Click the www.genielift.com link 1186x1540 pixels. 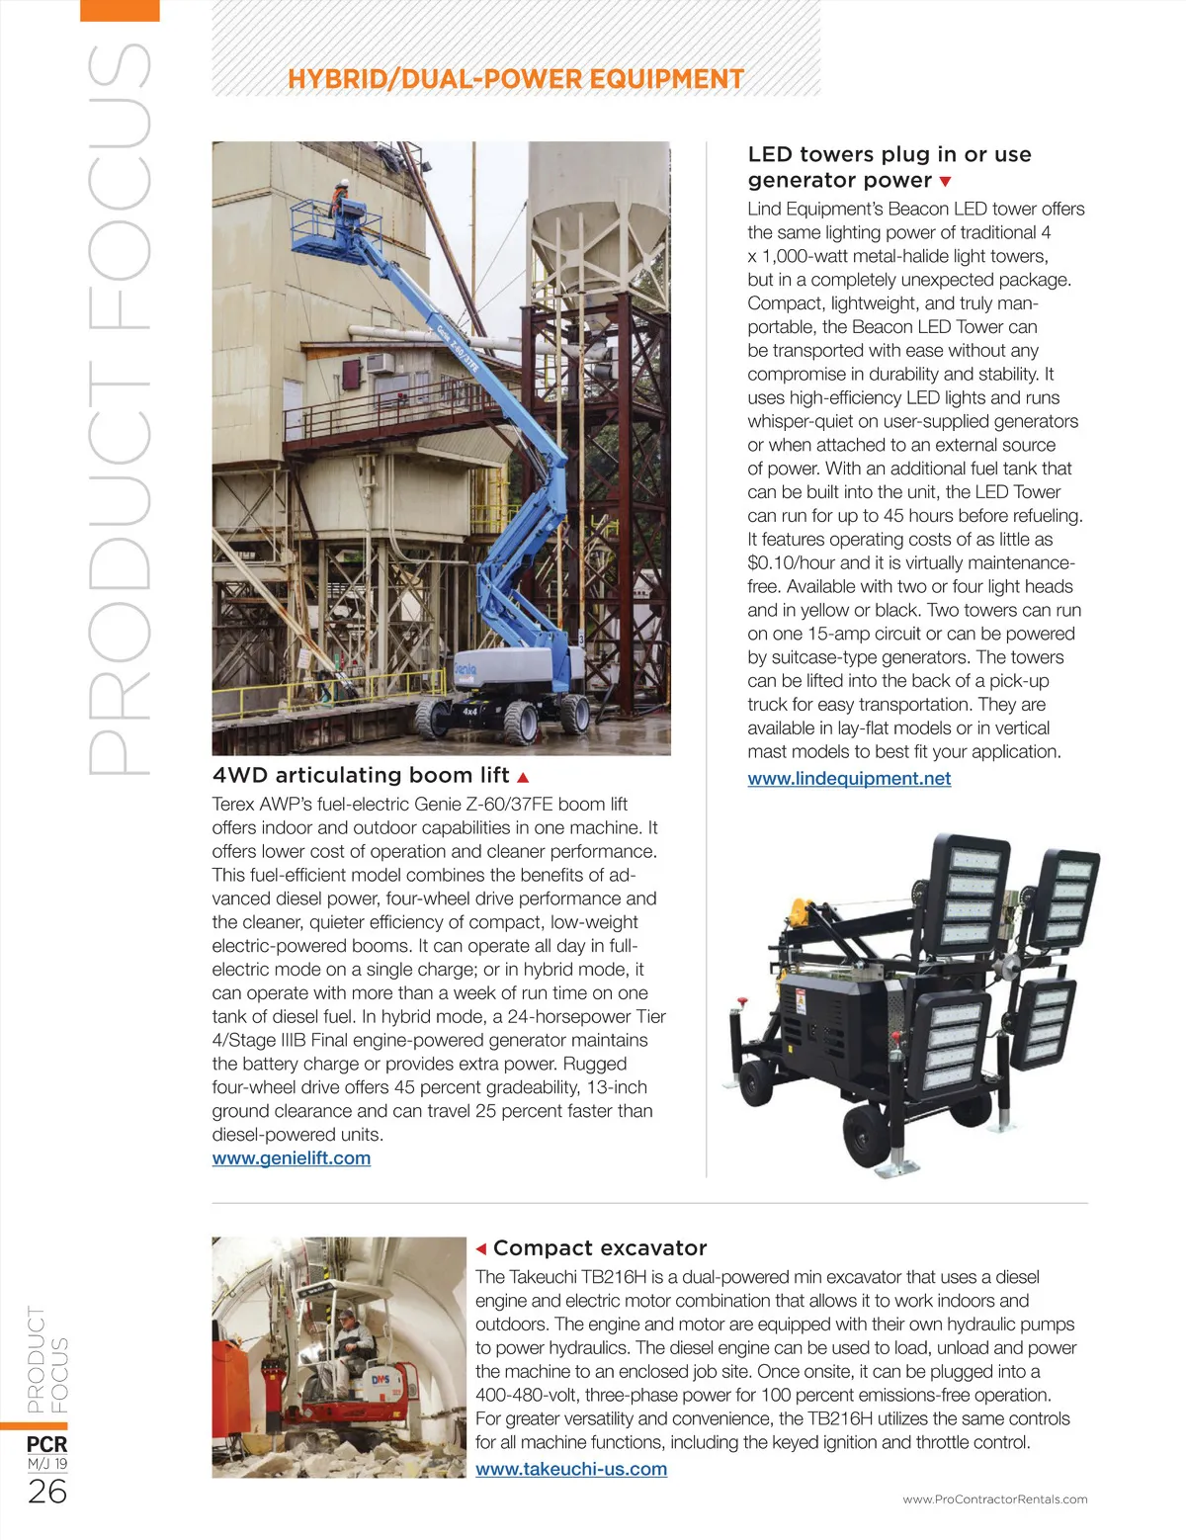[292, 1158]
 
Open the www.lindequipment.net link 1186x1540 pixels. [849, 779]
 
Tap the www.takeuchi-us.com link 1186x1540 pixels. [571, 1469]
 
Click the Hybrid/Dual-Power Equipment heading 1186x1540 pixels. [516, 79]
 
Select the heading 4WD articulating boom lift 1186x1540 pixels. [361, 776]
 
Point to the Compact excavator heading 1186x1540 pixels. [600, 1248]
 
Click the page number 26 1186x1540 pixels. [47, 1492]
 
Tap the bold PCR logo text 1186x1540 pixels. [47, 1444]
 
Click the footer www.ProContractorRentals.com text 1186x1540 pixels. [994, 1499]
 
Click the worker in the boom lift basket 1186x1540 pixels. [340, 199]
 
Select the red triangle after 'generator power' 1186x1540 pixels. [946, 182]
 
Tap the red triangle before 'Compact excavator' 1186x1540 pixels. [481, 1248]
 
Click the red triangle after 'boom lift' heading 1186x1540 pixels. [523, 777]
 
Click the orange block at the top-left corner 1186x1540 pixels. [120, 10]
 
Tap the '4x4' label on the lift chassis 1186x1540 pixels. [470, 710]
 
